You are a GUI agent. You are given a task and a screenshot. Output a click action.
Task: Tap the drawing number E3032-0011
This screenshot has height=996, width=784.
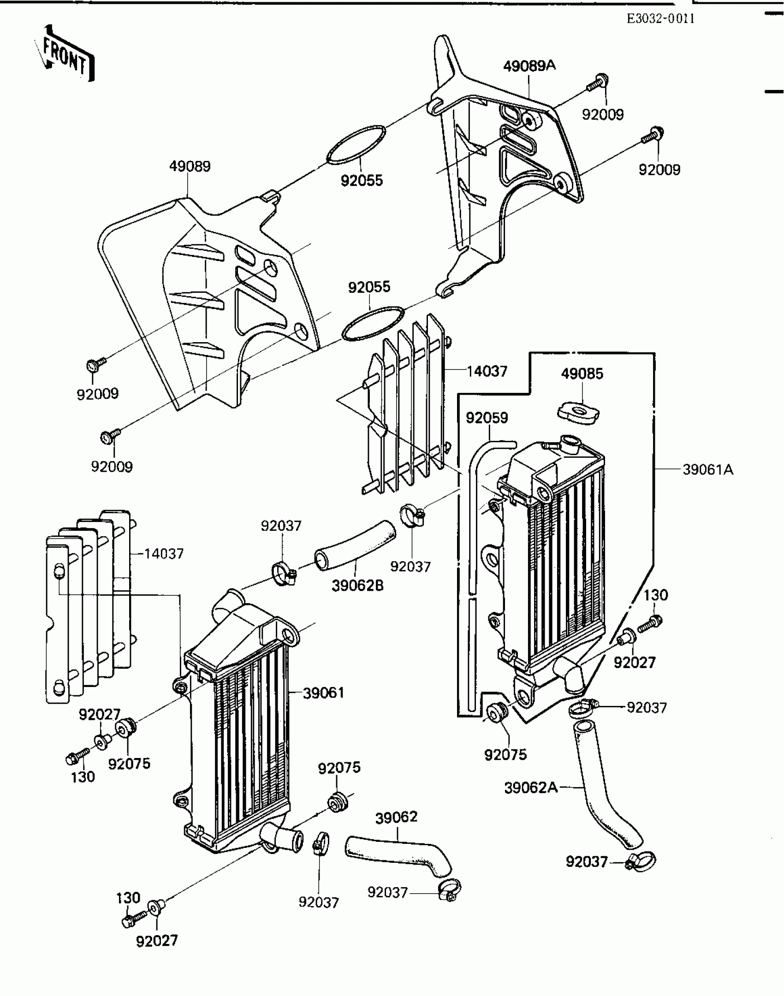pyautogui.click(x=660, y=19)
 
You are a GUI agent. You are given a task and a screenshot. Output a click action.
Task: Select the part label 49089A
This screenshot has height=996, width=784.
pyautogui.click(x=529, y=66)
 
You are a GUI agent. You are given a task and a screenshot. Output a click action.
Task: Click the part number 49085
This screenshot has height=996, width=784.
pyautogui.click(x=582, y=373)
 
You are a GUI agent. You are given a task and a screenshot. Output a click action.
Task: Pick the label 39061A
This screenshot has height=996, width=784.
pyautogui.click(x=707, y=470)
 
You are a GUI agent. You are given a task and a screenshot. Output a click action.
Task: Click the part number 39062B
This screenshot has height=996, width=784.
pyautogui.click(x=357, y=586)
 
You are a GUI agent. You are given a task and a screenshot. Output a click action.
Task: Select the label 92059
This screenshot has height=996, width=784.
pyautogui.click(x=487, y=418)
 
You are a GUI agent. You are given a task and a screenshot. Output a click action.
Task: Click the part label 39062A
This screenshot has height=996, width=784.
pyautogui.click(x=531, y=788)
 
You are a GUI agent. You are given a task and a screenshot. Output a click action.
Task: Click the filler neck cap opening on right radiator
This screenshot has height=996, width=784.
pyautogui.click(x=570, y=445)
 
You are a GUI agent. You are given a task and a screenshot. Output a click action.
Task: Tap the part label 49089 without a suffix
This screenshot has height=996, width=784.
pyautogui.click(x=190, y=166)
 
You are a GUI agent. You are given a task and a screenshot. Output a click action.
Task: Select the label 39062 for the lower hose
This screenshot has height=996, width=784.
pyautogui.click(x=396, y=817)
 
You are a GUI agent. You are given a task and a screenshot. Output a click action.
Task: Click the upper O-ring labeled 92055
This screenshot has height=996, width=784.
pyautogui.click(x=356, y=144)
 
